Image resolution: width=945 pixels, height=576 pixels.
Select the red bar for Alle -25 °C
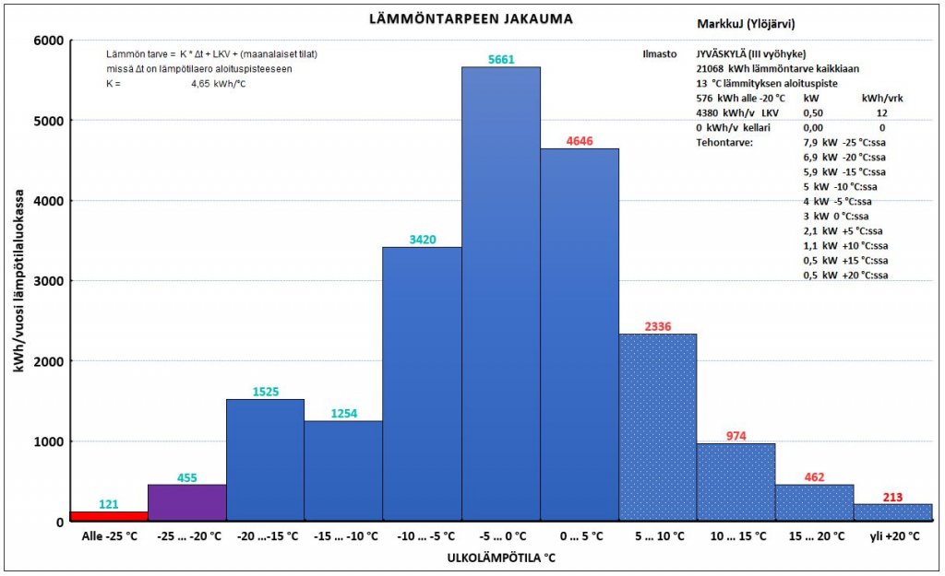[x=109, y=516]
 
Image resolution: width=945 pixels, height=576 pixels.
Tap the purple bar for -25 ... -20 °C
[x=187, y=503]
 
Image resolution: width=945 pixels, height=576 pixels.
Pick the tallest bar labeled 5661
[x=500, y=295]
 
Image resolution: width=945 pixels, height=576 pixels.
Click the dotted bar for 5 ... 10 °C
[x=657, y=428]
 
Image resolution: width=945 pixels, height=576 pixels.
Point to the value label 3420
[x=422, y=240]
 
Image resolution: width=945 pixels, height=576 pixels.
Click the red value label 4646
[x=580, y=141]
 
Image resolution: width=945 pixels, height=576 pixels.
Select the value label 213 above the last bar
[x=893, y=498]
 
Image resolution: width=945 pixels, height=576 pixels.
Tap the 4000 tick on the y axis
[x=47, y=201]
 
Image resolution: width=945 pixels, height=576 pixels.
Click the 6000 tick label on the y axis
[x=47, y=41]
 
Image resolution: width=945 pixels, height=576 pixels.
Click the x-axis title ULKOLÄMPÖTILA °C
[x=501, y=558]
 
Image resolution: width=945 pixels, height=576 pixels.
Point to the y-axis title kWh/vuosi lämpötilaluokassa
[x=18, y=281]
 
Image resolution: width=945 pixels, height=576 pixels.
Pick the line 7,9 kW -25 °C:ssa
[x=844, y=142]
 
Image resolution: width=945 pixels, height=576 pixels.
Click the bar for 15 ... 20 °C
[x=814, y=503]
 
